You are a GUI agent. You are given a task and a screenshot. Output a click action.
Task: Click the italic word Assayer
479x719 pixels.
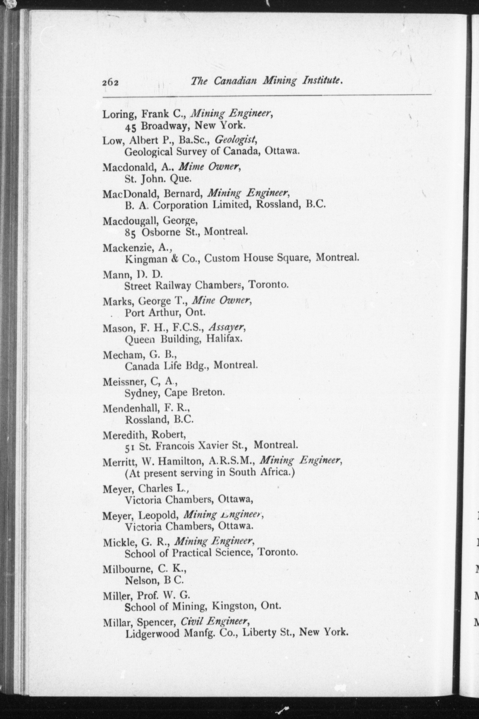coord(226,328)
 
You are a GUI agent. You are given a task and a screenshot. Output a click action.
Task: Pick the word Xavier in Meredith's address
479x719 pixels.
coord(214,446)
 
